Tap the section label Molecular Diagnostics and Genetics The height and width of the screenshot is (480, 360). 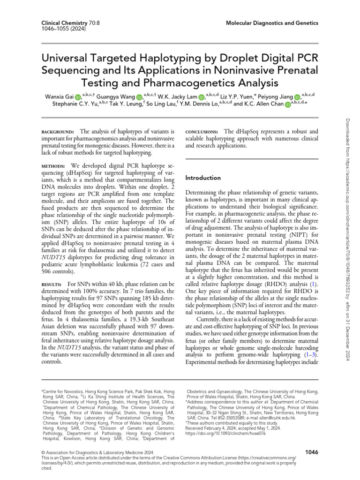pos(273,22)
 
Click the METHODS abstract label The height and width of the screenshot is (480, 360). pos(52,166)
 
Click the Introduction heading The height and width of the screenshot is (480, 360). pos(203,178)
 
